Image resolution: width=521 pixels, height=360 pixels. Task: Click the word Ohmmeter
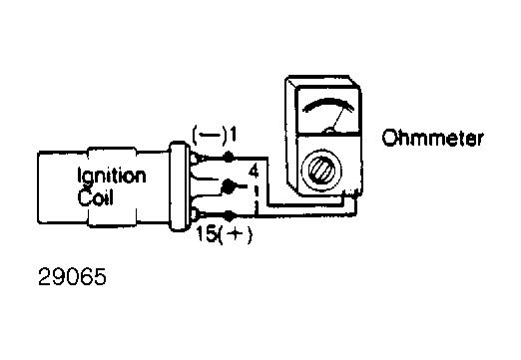(432, 138)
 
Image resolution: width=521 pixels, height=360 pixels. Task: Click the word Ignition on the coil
(112, 176)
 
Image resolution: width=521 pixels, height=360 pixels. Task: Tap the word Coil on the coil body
(96, 196)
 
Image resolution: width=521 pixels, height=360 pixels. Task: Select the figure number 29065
(72, 277)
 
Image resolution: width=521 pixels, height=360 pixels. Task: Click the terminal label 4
(253, 172)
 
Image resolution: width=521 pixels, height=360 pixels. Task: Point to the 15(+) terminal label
(225, 234)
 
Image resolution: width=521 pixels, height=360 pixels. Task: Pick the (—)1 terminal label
(215, 135)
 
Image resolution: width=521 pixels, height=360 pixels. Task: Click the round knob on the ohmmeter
(321, 170)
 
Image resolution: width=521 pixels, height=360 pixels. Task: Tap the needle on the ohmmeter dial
(338, 119)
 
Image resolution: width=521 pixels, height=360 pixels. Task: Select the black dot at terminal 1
(229, 157)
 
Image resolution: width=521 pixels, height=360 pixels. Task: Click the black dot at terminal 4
(228, 186)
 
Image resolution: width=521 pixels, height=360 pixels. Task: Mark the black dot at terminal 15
(229, 216)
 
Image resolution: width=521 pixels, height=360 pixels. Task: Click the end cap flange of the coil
(179, 185)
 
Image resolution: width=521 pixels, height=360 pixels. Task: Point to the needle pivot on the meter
(329, 131)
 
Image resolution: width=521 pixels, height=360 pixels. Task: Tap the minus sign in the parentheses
(210, 136)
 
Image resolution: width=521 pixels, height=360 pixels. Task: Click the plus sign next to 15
(236, 234)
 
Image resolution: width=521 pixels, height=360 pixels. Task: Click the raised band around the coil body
(112, 185)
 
